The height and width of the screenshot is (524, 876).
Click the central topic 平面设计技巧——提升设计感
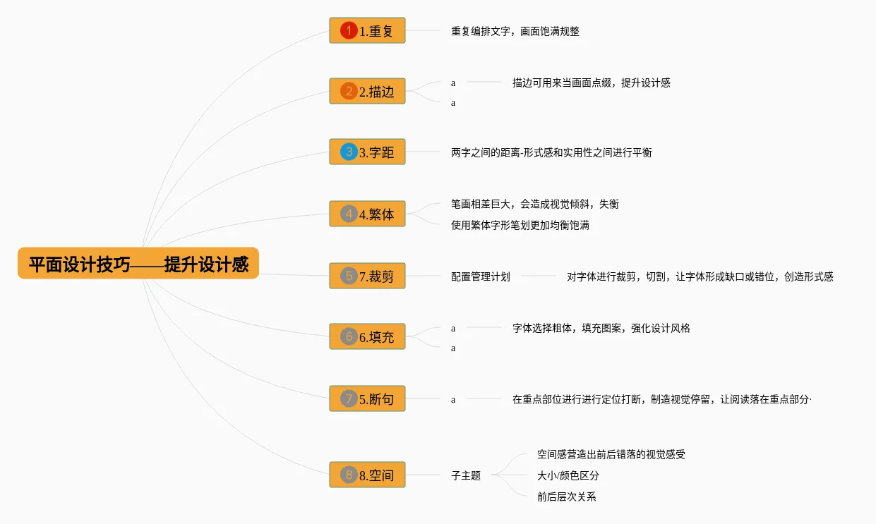138,264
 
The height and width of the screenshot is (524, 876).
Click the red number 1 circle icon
349,30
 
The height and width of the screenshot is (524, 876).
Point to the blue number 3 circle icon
349,152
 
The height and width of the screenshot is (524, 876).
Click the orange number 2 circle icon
349,91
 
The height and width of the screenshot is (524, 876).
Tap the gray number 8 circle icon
349,475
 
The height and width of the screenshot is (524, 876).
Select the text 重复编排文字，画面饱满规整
515,31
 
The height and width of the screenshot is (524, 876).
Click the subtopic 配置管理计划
481,276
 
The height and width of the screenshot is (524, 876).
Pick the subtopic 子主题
466,475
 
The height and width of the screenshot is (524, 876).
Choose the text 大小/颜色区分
568,475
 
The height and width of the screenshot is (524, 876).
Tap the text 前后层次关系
566,496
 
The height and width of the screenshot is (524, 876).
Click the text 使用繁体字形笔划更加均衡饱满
520,225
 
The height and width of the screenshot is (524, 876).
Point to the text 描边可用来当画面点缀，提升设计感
592,83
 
